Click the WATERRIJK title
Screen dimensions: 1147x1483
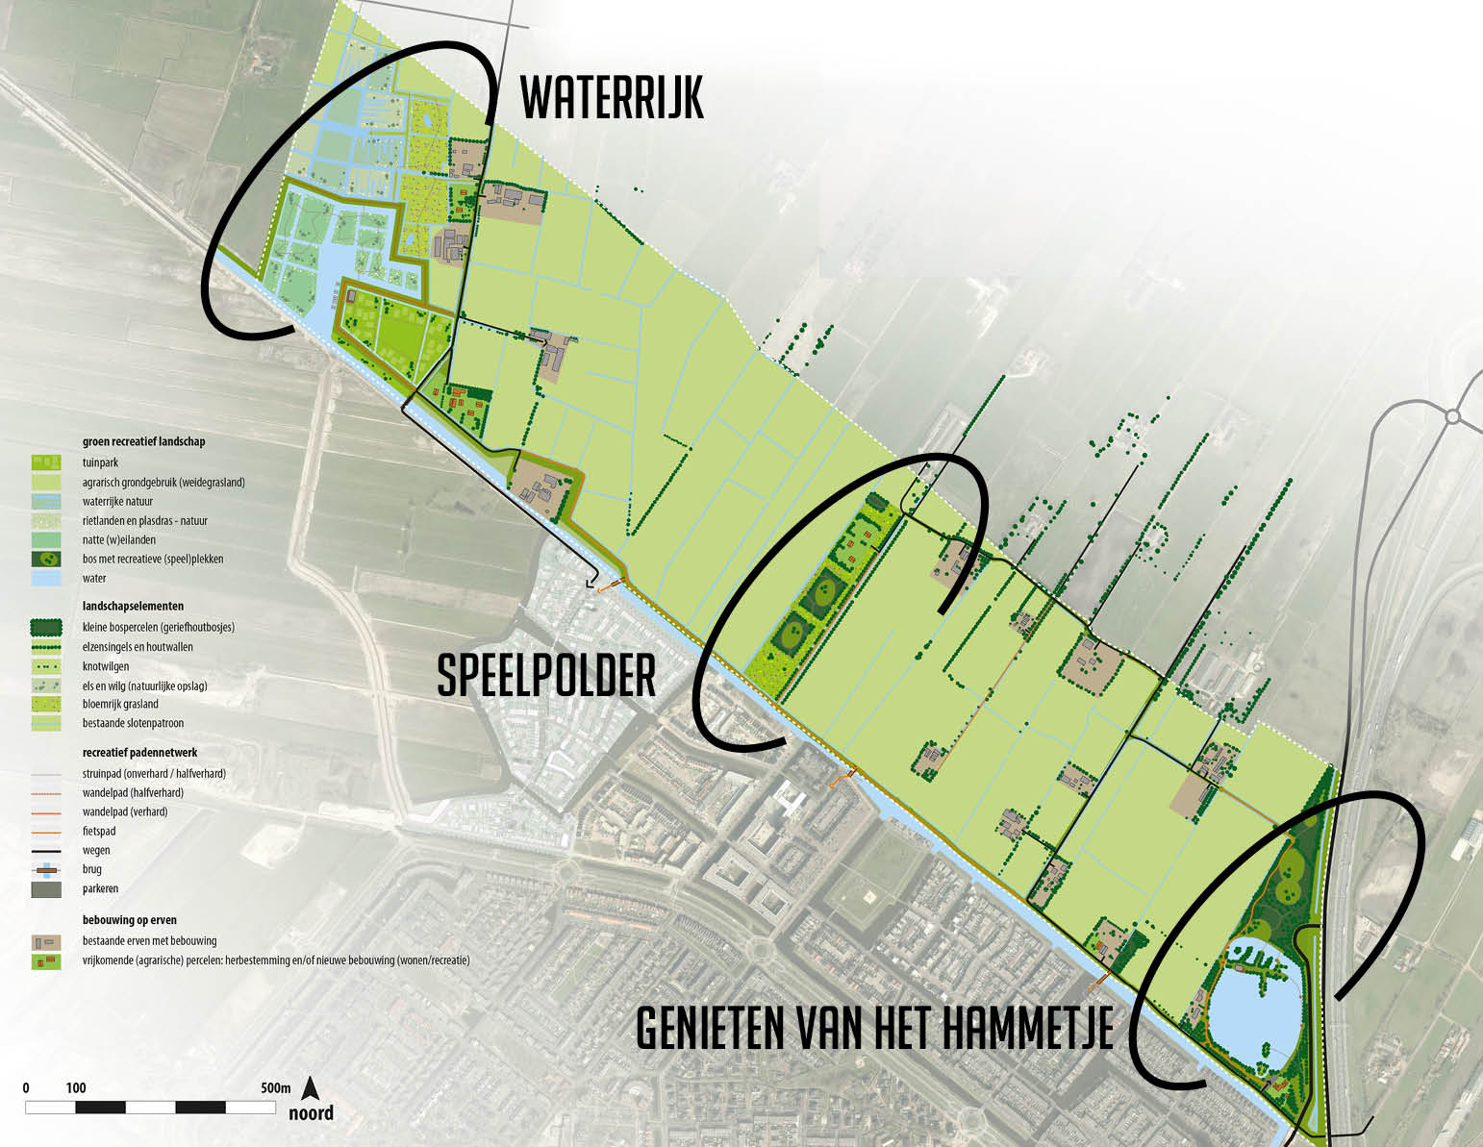[612, 98]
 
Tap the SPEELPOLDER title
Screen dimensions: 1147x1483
[546, 676]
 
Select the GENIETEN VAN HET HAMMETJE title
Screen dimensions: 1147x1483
[874, 1029]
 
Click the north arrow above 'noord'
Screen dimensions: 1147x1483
[311, 1088]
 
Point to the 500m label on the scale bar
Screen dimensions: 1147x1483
[275, 1088]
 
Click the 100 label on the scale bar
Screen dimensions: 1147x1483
[76, 1088]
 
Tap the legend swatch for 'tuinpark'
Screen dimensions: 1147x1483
[46, 463]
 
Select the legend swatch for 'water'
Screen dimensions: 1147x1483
[46, 579]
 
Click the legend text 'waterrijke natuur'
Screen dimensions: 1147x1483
[117, 502]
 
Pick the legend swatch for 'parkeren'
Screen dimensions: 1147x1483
[46, 889]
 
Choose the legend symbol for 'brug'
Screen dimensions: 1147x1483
[46, 870]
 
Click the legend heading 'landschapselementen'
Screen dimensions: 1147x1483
[133, 607]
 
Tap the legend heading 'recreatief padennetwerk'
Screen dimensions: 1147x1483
[140, 753]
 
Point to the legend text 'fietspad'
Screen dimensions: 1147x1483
[99, 832]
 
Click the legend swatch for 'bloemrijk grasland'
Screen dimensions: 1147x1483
[46, 705]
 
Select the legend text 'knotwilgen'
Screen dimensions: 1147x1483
[106, 666]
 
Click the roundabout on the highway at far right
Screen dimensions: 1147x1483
[1452, 416]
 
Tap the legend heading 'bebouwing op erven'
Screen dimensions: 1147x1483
[130, 920]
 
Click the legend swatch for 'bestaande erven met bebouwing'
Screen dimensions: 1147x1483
[46, 941]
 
